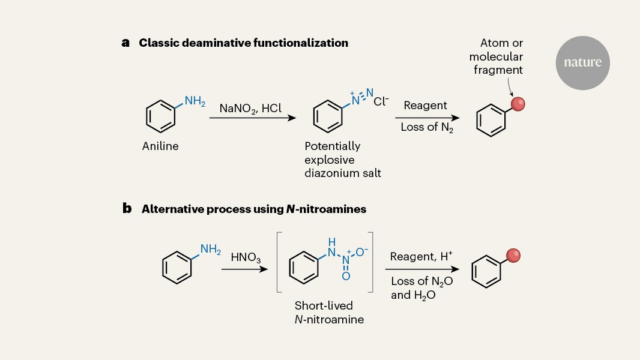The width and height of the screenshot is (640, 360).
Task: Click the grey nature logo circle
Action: (x=582, y=63)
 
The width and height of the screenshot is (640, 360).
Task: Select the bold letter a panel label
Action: (x=125, y=43)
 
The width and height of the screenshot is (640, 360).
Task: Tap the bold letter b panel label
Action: (x=126, y=209)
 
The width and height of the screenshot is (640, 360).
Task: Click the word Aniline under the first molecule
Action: (x=160, y=146)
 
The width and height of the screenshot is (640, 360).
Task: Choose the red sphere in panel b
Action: (x=513, y=256)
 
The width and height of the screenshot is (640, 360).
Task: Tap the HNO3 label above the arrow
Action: (x=246, y=258)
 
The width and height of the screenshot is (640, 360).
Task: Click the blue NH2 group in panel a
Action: (x=195, y=101)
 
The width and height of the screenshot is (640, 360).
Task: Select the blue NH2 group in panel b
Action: (x=210, y=249)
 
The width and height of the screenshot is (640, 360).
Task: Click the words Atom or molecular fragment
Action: (x=496, y=56)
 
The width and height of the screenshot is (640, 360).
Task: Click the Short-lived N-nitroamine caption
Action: (x=329, y=313)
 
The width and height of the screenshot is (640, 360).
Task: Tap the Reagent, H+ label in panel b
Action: (x=421, y=257)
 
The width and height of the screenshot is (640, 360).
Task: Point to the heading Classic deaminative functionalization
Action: (x=243, y=43)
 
